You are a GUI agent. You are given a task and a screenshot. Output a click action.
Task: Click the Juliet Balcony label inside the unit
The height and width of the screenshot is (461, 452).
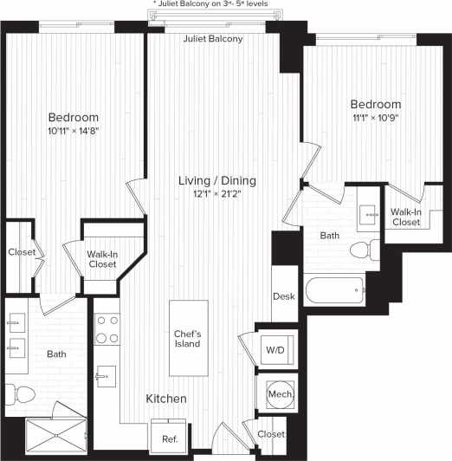point(213,39)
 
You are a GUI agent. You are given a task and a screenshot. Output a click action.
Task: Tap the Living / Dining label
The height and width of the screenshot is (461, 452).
point(217,180)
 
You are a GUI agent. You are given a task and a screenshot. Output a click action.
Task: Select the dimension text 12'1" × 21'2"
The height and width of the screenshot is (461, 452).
point(217,194)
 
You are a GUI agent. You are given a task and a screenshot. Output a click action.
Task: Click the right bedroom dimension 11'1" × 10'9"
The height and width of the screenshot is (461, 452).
point(376,118)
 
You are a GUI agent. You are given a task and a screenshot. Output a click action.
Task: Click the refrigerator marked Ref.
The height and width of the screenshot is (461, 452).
point(171,437)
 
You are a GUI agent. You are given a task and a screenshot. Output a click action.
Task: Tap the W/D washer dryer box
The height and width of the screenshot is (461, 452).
point(275,349)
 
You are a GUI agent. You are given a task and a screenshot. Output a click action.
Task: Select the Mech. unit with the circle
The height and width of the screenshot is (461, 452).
point(280,394)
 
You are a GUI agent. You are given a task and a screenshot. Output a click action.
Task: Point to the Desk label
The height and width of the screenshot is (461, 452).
point(284,296)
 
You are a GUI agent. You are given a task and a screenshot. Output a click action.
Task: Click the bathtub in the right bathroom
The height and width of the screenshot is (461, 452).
point(337,290)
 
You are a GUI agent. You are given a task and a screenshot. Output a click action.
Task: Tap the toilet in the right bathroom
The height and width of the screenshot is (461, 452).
point(363,251)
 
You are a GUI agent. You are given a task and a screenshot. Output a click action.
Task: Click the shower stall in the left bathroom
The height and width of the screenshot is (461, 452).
point(59,433)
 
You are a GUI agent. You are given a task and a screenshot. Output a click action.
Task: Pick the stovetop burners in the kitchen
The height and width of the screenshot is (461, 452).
point(107,328)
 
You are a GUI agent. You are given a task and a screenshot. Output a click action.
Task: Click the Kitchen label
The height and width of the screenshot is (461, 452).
point(165,399)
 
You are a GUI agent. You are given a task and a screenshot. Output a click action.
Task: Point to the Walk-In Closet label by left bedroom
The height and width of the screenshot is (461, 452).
point(102,259)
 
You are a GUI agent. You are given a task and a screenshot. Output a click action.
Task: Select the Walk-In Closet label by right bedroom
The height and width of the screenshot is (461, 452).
point(405,217)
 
